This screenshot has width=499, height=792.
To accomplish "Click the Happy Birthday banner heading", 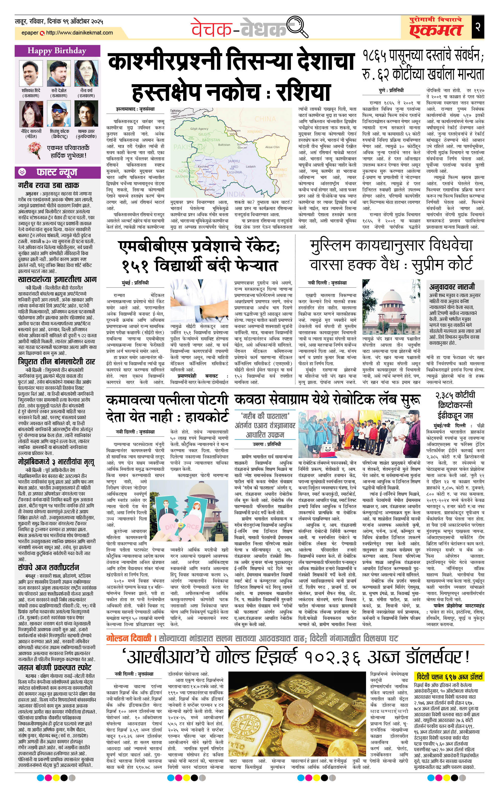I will (x=57, y=51).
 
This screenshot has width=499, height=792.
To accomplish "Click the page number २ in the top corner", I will (x=478, y=27).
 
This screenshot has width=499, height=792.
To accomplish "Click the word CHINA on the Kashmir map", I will (x=265, y=119).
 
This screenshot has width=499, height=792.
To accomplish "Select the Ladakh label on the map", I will (x=250, y=166).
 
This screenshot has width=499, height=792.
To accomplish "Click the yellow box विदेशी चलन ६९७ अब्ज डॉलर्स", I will (x=450, y=676).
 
